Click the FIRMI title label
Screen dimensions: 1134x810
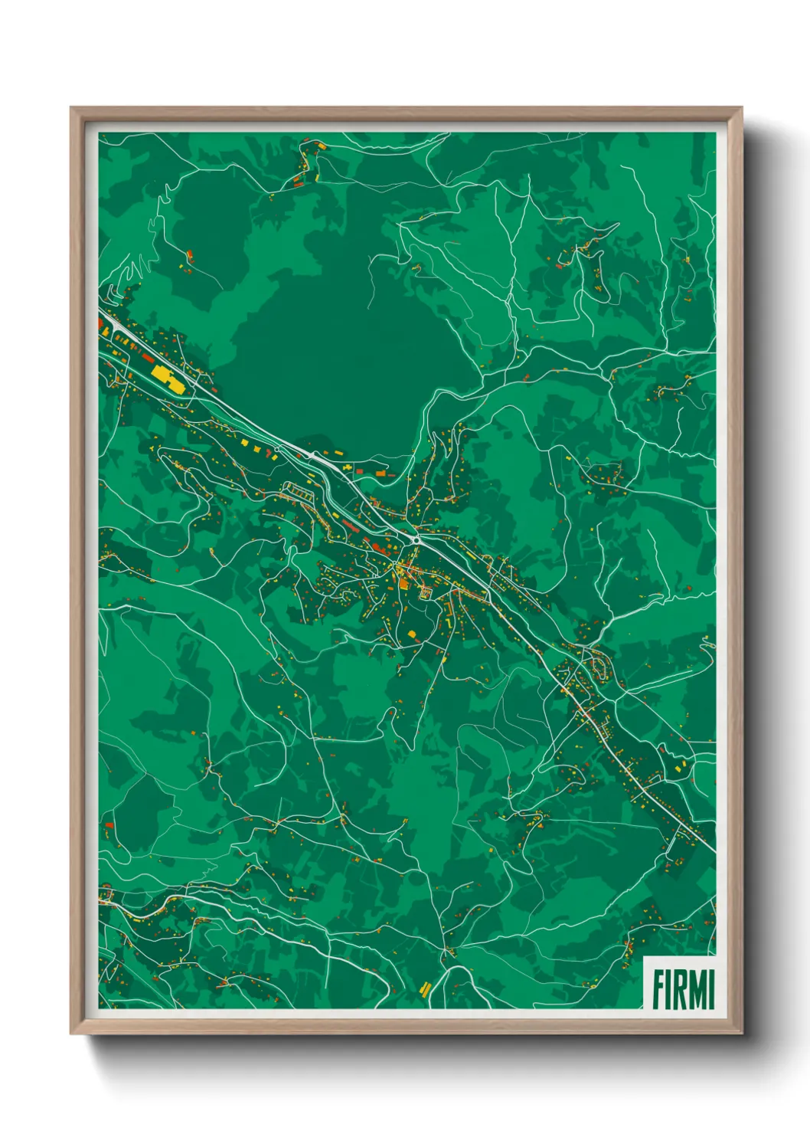(x=681, y=988)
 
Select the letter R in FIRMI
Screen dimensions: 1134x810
(x=678, y=989)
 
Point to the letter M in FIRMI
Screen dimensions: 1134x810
(x=696, y=989)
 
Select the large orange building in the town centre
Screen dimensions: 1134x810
(x=403, y=583)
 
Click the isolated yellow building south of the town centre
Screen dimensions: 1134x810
(x=411, y=634)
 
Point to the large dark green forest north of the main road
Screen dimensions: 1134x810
(x=337, y=360)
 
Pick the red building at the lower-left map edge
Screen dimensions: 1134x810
(x=109, y=825)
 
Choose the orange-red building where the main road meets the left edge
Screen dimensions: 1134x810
(x=100, y=324)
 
